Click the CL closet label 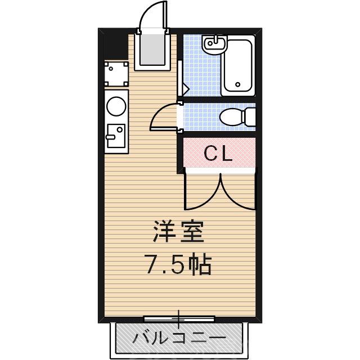(x=218, y=154)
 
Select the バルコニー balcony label (x=179, y=338)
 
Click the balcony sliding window (x=179, y=319)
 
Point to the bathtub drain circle (x=238, y=85)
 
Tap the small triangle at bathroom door (x=184, y=88)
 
